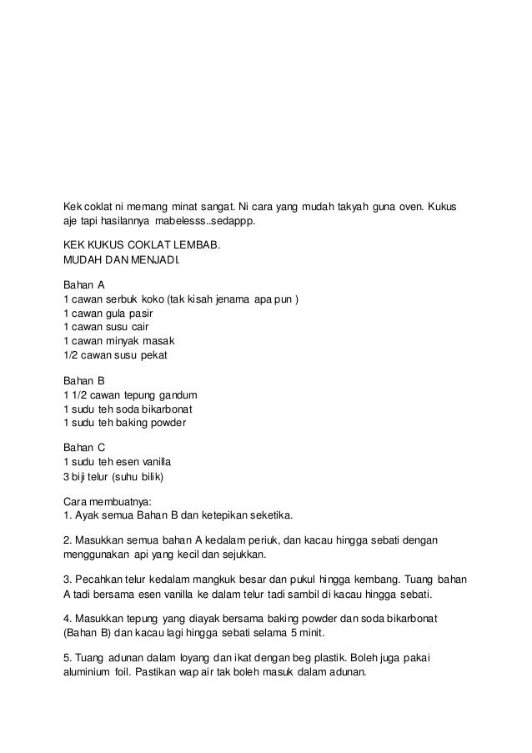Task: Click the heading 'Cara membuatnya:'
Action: click(x=103, y=500)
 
